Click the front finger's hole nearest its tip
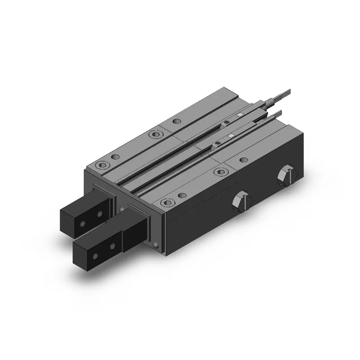(95, 256)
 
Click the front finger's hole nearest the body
(112, 247)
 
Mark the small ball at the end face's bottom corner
(156, 246)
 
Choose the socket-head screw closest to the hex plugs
(218, 172)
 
